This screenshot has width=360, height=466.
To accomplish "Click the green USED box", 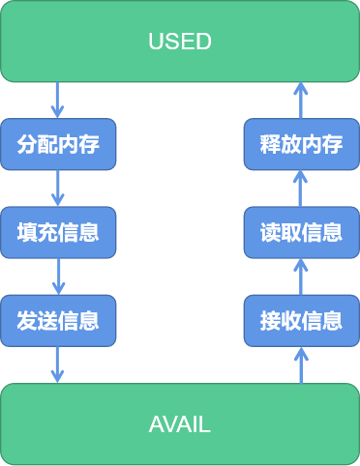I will (x=180, y=42).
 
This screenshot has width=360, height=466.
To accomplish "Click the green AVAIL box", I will (x=180, y=424).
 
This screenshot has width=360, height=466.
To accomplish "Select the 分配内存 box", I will (x=58, y=144).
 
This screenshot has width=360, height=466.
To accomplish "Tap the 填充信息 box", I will (x=58, y=232).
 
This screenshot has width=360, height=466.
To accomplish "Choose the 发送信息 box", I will (x=58, y=320).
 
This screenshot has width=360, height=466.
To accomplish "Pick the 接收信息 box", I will (x=301, y=320).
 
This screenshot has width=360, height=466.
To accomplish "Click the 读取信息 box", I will (x=301, y=232).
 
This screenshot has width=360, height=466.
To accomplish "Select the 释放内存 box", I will (x=301, y=144).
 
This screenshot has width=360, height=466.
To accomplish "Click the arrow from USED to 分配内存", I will (x=58, y=100).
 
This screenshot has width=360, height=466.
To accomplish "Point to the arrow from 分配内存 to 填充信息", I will (x=58, y=188).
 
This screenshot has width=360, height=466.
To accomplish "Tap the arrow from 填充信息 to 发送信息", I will (x=58, y=276).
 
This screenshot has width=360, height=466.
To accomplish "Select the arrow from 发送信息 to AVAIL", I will (x=58, y=364).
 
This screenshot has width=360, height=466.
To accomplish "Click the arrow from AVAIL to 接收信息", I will (x=301, y=364).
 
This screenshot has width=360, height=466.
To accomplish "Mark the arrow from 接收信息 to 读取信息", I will (x=301, y=277).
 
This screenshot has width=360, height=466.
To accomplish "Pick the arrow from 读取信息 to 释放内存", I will (x=301, y=189).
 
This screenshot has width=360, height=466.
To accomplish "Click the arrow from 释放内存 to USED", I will (x=301, y=101).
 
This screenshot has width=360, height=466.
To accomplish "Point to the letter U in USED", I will (x=155, y=42).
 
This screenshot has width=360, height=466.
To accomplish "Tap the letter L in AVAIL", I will (x=205, y=424).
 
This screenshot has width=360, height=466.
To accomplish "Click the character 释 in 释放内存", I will (x=271, y=144).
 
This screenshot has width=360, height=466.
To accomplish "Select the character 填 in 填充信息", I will (x=27, y=232).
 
